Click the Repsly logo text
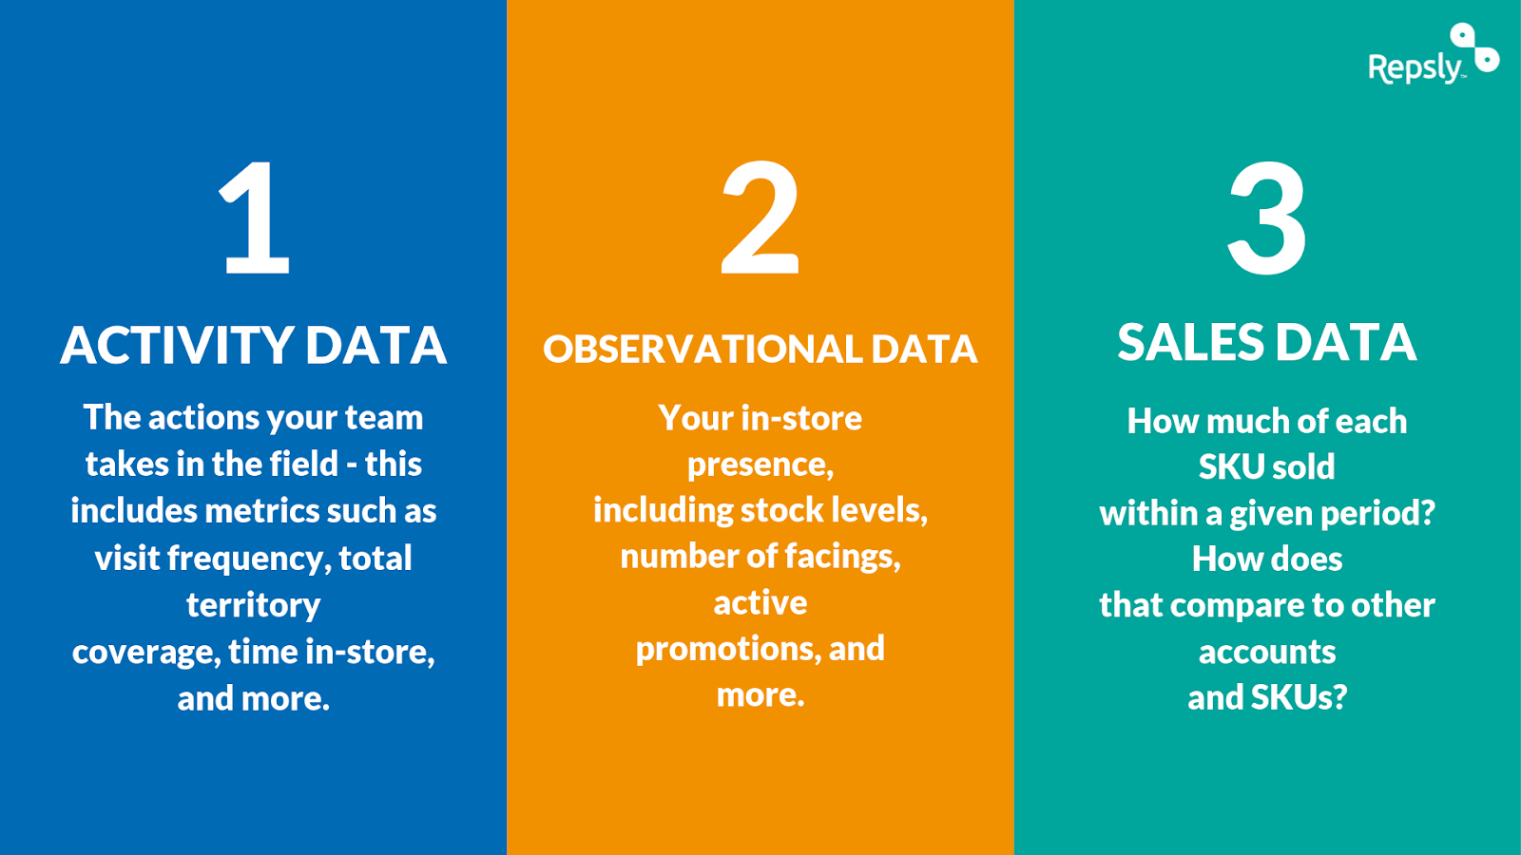pyautogui.click(x=1415, y=66)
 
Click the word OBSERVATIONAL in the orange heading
pyautogui.click(x=703, y=350)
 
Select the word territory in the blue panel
pyautogui.click(x=254, y=605)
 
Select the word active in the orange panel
pyautogui.click(x=760, y=603)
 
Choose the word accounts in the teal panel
pyautogui.click(x=1267, y=653)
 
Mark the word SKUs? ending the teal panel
pyautogui.click(x=1299, y=698)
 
